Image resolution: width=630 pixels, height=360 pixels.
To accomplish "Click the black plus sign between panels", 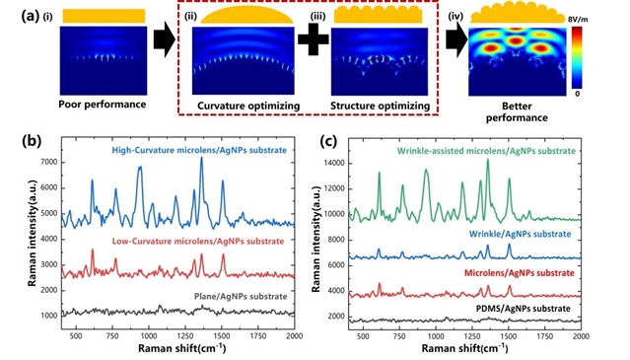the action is [x=314, y=39].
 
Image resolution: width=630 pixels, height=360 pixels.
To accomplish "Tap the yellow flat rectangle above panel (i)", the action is [x=104, y=16].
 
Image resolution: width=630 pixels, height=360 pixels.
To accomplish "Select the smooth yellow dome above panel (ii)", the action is [x=246, y=16].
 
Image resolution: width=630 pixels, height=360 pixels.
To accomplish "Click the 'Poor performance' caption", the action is [x=103, y=105].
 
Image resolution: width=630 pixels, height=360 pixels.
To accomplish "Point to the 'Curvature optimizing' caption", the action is [x=248, y=107].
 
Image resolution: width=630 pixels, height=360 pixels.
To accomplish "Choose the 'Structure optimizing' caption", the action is [x=381, y=107].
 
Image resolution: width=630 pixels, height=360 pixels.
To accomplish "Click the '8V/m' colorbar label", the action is [x=578, y=19].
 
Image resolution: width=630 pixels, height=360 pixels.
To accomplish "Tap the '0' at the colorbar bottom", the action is [x=577, y=94].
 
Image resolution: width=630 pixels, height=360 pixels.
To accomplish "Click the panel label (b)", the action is [x=32, y=141].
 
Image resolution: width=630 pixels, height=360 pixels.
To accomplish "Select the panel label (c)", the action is [x=329, y=141].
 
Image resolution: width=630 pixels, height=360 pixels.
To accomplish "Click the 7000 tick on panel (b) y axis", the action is [x=49, y=163].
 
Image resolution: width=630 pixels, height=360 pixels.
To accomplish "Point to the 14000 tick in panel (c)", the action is [x=334, y=164].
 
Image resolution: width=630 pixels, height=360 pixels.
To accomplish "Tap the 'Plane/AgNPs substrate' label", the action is [x=241, y=297].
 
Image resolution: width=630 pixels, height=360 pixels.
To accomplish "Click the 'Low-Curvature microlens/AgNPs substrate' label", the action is [x=198, y=242].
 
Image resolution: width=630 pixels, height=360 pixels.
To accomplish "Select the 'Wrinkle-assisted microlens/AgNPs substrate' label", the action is [x=486, y=151].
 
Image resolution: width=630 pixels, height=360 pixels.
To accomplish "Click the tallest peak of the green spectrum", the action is [x=488, y=160].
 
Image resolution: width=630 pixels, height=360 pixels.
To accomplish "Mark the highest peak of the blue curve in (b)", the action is [x=201, y=158].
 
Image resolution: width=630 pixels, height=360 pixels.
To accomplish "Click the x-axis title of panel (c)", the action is [x=465, y=348].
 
